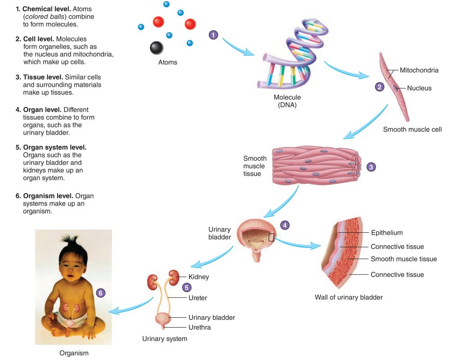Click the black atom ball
click(156, 47)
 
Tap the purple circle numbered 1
click(214, 35)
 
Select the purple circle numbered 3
click(371, 166)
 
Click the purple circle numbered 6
click(101, 293)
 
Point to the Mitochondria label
click(419, 70)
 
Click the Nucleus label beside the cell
click(419, 88)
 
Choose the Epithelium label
click(387, 233)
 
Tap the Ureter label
click(198, 297)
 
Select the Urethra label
click(199, 327)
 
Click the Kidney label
click(199, 277)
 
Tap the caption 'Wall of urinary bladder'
click(348, 297)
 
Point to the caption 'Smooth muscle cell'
click(412, 129)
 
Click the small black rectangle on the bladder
click(271, 237)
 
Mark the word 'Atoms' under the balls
click(167, 62)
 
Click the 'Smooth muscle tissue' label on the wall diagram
click(403, 259)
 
